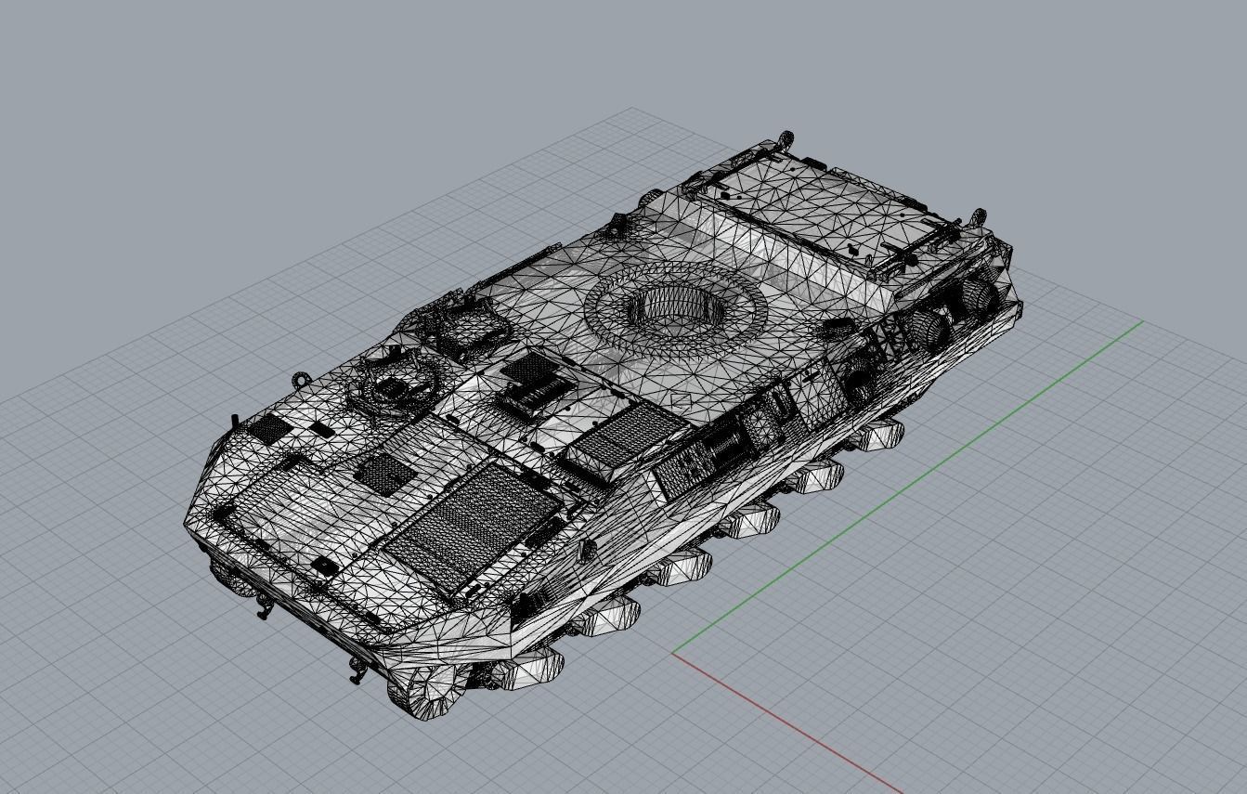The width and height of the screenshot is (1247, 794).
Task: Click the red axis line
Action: (789, 724)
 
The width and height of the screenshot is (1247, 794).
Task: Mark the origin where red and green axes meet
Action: (672, 653)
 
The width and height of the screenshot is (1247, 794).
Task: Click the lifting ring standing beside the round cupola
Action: (300, 381)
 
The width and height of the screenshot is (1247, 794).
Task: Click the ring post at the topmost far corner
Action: (786, 139)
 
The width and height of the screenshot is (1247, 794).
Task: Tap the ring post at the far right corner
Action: (977, 218)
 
